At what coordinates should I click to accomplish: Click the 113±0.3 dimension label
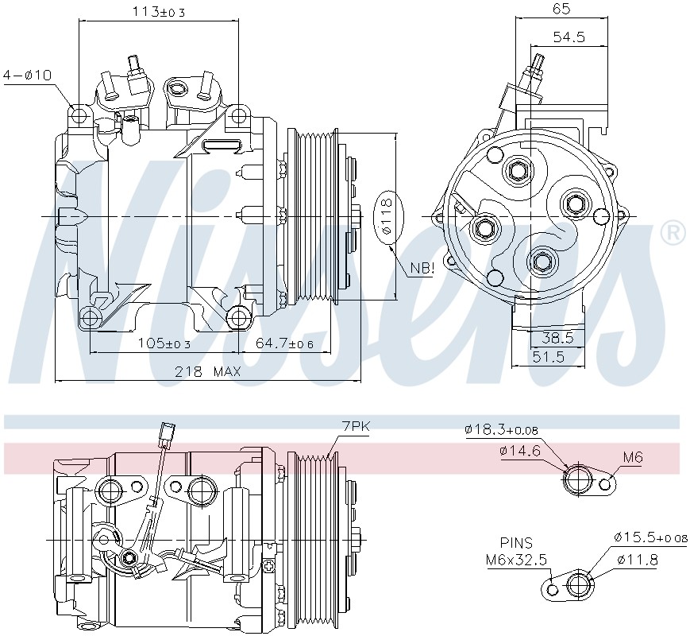click(159, 12)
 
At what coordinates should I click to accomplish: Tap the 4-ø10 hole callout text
click(27, 75)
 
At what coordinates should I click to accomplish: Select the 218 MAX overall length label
click(208, 371)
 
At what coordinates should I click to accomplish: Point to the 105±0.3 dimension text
click(164, 343)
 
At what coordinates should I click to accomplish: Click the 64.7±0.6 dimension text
click(285, 343)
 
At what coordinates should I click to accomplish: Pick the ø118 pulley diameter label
click(387, 216)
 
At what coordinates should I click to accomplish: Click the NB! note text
click(422, 268)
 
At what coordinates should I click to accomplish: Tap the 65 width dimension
click(561, 9)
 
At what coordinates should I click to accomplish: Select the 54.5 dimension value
click(569, 37)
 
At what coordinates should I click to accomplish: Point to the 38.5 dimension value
click(557, 338)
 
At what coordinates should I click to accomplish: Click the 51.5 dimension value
click(549, 356)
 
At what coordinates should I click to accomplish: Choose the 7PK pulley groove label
click(356, 426)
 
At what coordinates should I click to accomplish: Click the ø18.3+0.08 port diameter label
click(501, 430)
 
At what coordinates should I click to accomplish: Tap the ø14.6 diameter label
click(520, 451)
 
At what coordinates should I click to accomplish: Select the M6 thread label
click(633, 457)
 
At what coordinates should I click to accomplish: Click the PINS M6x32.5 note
click(516, 551)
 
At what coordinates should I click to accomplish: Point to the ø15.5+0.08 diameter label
click(650, 537)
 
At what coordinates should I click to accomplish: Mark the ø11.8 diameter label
click(637, 560)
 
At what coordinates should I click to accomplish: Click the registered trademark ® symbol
click(673, 233)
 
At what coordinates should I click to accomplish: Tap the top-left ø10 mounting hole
click(79, 115)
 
